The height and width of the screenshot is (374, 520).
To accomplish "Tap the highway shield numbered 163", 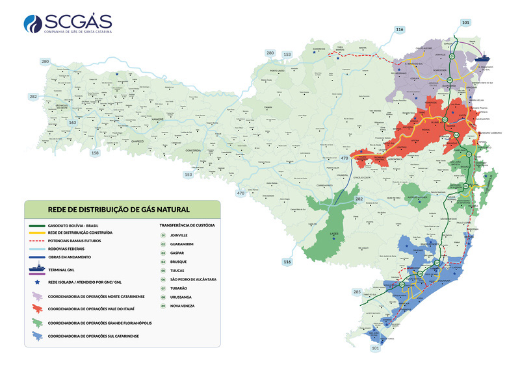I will point(73,122).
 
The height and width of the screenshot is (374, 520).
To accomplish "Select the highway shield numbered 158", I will point(96,153).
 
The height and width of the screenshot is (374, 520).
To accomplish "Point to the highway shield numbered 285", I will point(356,293).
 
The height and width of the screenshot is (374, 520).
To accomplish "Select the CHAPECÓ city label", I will point(138,140).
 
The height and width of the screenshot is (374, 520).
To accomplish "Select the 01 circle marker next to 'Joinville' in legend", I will point(164,235).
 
